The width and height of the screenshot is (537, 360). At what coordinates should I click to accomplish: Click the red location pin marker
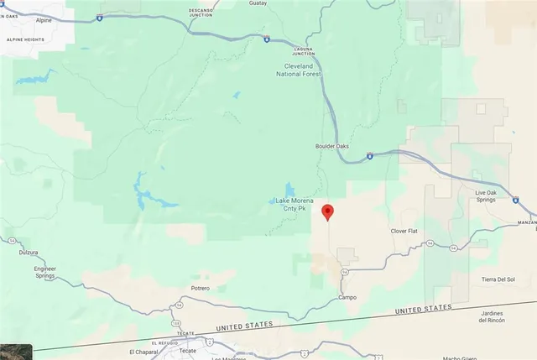pos(328,212)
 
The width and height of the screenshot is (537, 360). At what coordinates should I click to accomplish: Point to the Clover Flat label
pos(404,230)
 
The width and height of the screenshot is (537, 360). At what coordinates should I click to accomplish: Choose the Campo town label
pos(347,297)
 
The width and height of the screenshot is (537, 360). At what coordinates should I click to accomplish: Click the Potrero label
pos(200,288)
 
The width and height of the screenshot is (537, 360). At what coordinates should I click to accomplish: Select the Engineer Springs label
pos(44,272)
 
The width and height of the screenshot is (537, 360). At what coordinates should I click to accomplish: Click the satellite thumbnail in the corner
pos(16,352)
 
